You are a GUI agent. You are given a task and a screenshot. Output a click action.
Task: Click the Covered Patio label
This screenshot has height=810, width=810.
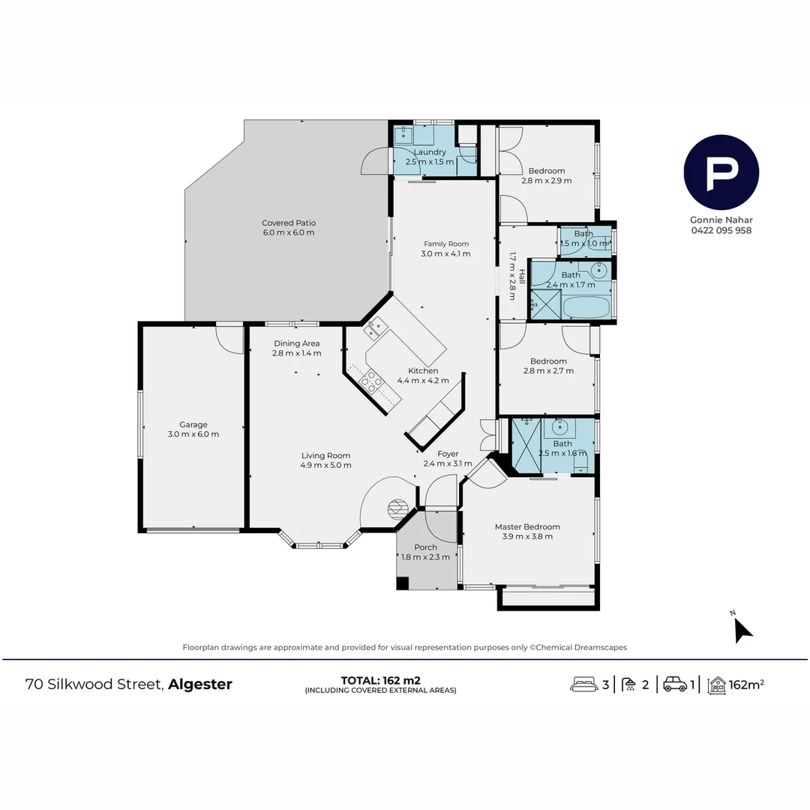point(288,223)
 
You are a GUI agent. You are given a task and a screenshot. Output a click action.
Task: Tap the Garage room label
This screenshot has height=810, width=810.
point(193,424)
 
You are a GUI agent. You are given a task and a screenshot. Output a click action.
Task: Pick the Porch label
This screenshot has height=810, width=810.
point(425,547)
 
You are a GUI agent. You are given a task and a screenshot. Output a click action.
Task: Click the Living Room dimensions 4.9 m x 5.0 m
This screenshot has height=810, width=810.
point(325,465)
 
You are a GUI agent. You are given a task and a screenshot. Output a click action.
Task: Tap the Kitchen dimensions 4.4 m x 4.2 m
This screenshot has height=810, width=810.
point(423,380)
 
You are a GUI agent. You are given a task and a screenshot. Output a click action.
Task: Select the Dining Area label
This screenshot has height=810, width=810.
point(296,343)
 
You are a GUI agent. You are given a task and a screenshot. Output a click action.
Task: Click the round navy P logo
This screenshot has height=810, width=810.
point(721,172)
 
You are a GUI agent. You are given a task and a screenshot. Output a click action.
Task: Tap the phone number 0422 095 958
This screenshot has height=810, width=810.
point(721,230)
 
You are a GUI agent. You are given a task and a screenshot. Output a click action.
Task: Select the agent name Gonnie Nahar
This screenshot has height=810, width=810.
point(721,220)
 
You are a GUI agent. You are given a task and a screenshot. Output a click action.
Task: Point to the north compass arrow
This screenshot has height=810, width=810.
point(742,630)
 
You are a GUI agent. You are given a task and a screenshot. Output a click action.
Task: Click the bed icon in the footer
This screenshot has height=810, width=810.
point(585,684)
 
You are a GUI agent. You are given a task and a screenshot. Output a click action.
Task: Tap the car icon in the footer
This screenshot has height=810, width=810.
point(675,684)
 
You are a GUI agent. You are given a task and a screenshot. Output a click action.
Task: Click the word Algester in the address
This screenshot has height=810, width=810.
point(200,684)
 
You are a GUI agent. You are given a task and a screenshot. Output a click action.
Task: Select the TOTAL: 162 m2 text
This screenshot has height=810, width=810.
point(380,680)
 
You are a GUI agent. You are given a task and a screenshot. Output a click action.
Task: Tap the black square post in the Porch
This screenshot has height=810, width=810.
point(403,583)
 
